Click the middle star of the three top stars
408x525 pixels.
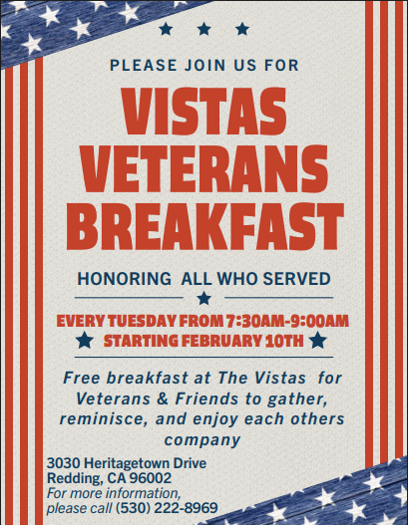(x=204, y=30)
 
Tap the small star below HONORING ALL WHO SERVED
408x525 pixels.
(x=204, y=298)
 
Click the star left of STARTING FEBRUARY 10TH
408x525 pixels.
(x=86, y=342)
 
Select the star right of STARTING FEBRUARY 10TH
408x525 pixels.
(x=317, y=342)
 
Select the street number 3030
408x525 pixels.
(x=64, y=465)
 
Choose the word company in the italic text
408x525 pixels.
(x=204, y=439)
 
